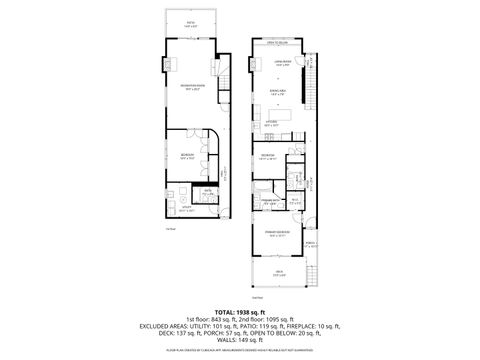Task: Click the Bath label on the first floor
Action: click(208, 190)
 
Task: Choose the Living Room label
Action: click(283, 63)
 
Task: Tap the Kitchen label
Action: click(271, 123)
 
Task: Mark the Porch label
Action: click(310, 243)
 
